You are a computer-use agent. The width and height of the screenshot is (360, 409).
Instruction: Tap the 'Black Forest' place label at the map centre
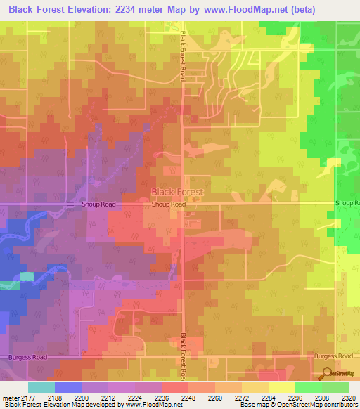click(178, 192)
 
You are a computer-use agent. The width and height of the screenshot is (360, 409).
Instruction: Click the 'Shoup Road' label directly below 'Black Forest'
click(169, 204)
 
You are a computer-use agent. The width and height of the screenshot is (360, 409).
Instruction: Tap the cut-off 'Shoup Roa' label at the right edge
click(347, 203)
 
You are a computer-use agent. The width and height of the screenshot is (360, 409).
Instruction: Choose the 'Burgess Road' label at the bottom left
click(28, 357)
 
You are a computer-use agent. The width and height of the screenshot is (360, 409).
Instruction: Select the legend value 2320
click(349, 398)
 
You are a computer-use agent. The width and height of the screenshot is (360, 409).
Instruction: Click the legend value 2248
click(188, 398)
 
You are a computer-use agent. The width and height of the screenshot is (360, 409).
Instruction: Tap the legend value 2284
click(269, 398)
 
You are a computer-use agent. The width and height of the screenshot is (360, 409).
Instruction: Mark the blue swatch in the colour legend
click(67, 387)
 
